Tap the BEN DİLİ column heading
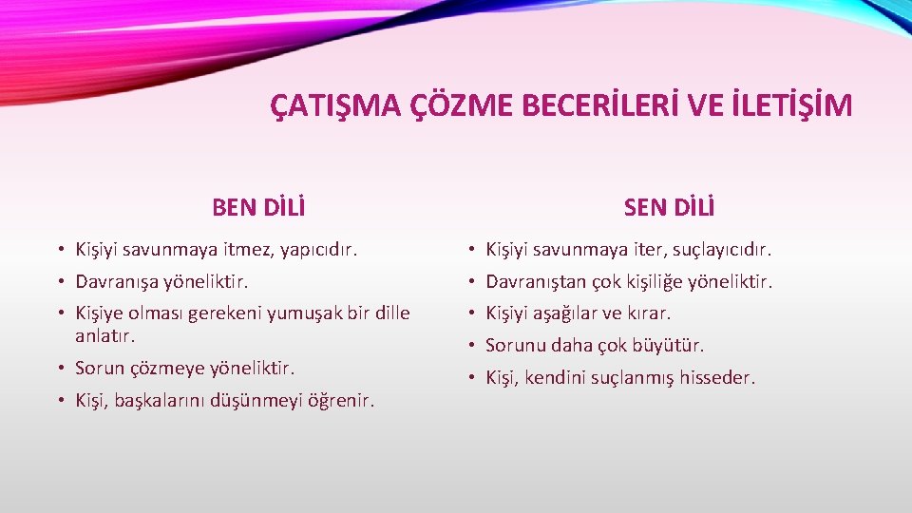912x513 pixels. (258, 206)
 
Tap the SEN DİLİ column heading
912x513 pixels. (669, 206)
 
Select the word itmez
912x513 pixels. (244, 251)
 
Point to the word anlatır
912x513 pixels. (105, 335)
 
